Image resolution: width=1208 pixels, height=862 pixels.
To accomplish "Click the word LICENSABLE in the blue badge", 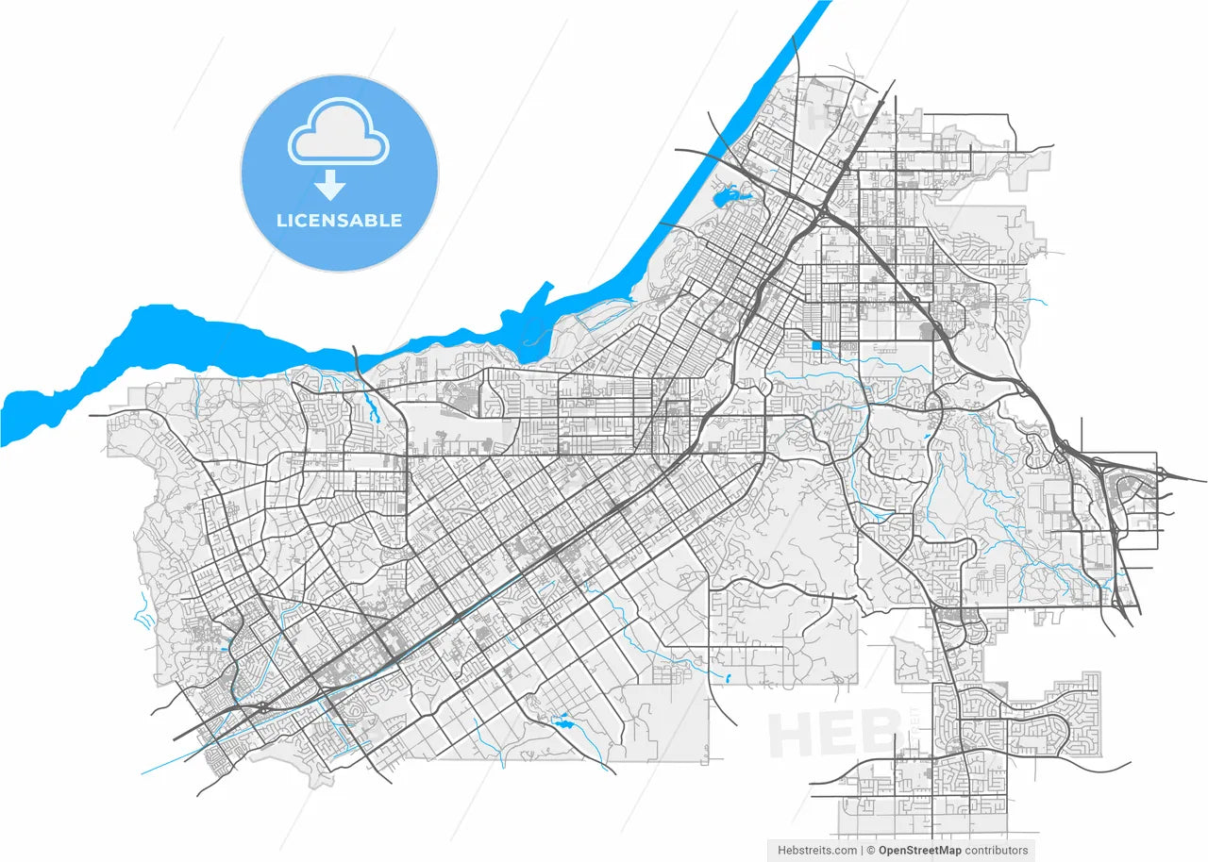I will coord(339,221).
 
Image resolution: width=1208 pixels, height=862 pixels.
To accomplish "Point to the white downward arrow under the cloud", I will coord(329,184).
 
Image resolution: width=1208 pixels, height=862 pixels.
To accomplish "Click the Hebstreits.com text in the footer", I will coord(817,850).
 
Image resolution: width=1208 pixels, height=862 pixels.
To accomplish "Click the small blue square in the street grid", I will coord(815,346).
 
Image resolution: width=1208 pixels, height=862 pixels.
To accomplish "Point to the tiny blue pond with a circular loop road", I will coord(564,723).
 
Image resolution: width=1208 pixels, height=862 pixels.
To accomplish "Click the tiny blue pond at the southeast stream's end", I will coord(729,677).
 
